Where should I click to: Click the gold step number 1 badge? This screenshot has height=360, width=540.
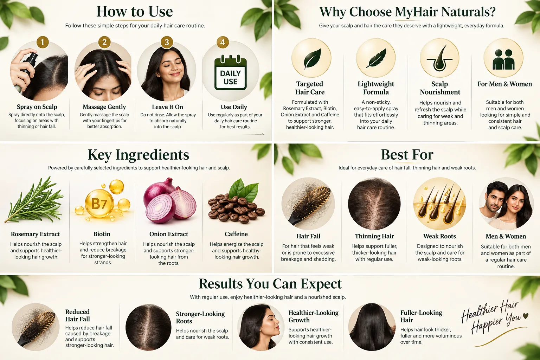[43, 42]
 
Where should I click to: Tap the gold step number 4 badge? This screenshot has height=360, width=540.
[222, 42]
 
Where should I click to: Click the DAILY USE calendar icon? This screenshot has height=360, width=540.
[231, 72]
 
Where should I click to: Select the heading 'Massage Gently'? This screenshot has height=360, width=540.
[104, 107]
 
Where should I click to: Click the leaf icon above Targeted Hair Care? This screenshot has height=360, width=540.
[312, 59]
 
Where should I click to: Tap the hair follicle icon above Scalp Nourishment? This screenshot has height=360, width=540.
[439, 59]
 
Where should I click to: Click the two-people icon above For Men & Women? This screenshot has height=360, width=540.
[503, 59]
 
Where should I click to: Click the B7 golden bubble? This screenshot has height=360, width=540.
[99, 203]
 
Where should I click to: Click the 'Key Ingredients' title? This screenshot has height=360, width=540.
[139, 155]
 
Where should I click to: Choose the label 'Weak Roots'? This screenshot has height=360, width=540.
[439, 236]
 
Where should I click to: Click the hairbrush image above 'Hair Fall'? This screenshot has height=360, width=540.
[308, 204]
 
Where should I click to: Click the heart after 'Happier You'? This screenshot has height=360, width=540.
[526, 315]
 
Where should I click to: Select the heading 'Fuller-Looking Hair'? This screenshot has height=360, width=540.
[421, 316]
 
